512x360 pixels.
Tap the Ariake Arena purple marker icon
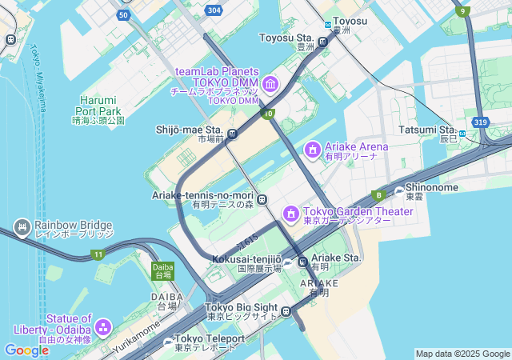(313, 149)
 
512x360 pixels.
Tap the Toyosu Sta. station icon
(323, 42)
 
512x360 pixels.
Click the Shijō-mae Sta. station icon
(232, 134)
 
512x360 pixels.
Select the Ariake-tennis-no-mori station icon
(262, 199)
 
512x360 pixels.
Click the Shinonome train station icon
(400, 191)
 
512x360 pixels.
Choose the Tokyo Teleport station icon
(168, 342)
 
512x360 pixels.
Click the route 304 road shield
(214, 10)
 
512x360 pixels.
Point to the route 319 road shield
(480, 122)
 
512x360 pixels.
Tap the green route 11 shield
(97, 254)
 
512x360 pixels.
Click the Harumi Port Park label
(98, 110)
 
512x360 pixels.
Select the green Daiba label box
(162, 270)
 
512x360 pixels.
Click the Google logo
(26, 350)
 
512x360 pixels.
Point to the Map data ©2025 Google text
(462, 354)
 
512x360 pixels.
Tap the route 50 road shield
(122, 15)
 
